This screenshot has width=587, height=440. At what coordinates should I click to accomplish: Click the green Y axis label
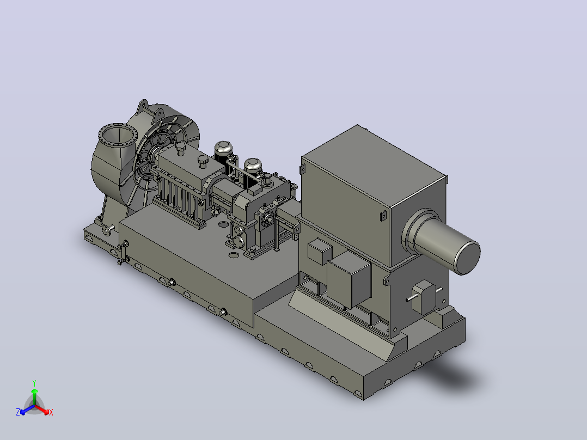(34, 383)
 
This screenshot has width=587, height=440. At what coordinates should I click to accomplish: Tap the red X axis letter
(51, 412)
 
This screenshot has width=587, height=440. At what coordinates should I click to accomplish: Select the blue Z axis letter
(18, 412)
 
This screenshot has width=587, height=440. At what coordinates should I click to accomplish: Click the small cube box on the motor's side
(319, 251)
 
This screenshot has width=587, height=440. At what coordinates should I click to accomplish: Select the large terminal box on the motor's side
(349, 279)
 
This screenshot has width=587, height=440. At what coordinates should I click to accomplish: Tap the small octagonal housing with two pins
(424, 296)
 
